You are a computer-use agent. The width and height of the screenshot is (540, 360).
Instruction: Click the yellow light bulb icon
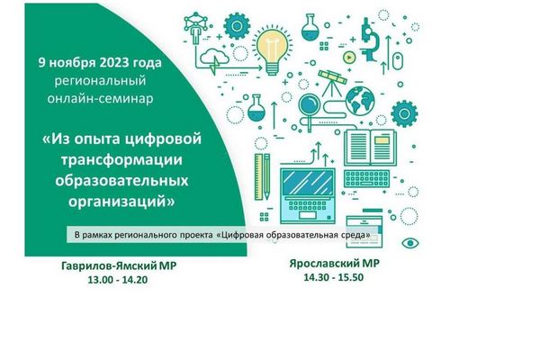click(272, 51)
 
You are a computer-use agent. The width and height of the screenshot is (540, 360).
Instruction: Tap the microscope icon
click(370, 40)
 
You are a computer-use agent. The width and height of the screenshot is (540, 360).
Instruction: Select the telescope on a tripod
click(332, 83)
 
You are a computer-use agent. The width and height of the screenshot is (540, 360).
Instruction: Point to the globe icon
click(360, 100)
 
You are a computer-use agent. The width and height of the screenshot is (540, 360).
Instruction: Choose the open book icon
click(370, 148)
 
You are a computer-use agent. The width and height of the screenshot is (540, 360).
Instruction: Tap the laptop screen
click(308, 183)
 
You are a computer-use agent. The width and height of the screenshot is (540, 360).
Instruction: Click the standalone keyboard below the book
click(366, 179)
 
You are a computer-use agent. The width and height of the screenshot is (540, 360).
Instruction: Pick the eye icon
click(410, 243)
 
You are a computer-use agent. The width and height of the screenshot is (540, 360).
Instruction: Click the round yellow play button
click(349, 58)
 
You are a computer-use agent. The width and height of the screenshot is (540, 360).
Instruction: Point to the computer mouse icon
click(398, 61)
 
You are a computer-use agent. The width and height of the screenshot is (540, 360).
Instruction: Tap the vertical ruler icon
click(258, 177)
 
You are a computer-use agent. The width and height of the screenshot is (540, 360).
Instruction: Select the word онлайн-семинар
click(100, 99)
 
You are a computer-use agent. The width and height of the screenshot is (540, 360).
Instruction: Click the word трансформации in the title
click(121, 160)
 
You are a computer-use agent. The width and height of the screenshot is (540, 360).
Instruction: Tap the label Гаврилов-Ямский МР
click(119, 266)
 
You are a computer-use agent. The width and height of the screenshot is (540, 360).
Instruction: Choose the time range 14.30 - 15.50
click(333, 277)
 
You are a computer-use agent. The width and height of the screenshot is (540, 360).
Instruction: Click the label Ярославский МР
click(335, 264)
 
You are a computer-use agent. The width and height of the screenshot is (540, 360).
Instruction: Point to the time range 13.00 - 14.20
click(117, 280)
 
